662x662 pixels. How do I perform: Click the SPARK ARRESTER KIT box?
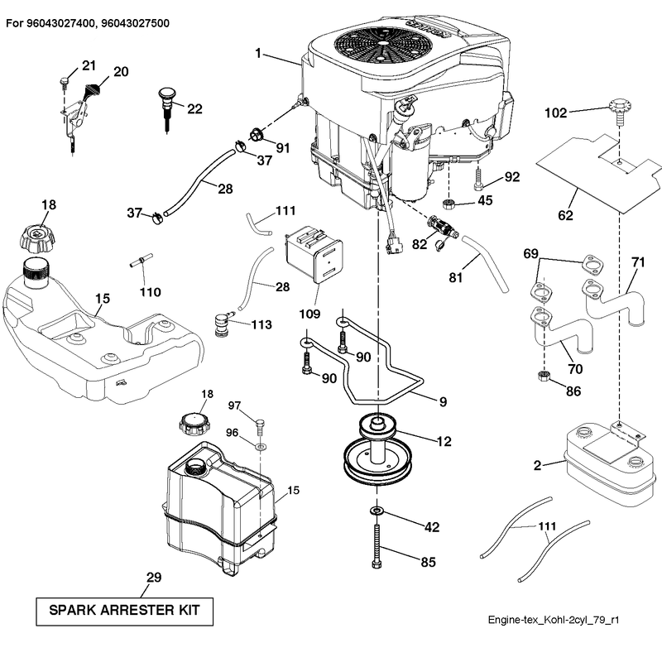125,611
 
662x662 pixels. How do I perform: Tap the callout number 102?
555,113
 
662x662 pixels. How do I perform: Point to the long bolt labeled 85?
377,546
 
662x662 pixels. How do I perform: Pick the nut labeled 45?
449,204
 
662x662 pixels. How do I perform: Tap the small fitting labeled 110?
141,260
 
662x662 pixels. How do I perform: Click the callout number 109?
309,314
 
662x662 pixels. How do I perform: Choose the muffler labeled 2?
609,463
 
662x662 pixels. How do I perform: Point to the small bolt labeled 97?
261,427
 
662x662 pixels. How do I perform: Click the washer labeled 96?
261,446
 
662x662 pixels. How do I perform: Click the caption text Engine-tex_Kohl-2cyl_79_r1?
554,620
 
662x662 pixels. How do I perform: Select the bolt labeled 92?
478,179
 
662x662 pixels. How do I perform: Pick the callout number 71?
638,262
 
